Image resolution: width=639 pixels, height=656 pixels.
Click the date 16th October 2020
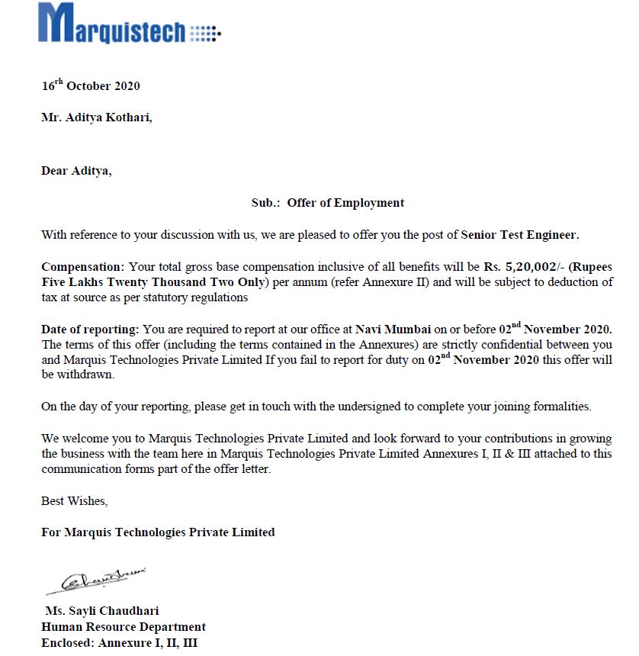click(x=91, y=85)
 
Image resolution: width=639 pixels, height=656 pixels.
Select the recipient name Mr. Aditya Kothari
click(x=97, y=118)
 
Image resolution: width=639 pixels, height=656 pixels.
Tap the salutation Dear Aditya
click(x=76, y=171)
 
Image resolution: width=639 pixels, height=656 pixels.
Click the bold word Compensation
click(x=82, y=268)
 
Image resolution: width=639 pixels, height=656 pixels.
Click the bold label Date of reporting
click(x=90, y=330)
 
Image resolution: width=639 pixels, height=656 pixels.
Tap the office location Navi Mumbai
click(x=393, y=330)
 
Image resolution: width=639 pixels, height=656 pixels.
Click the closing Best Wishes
click(x=74, y=501)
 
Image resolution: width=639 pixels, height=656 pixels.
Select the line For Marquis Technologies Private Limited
click(x=158, y=532)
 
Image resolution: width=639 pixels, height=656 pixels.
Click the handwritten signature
click(x=96, y=580)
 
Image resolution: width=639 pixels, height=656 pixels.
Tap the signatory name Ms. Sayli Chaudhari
click(x=102, y=611)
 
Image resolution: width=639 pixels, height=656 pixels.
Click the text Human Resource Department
click(x=124, y=627)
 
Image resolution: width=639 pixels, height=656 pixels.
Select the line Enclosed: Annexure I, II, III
click(x=120, y=643)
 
